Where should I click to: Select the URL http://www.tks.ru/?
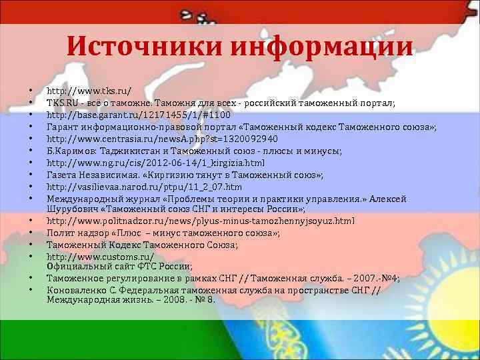pos(88,90)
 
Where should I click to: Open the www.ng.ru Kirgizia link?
pos(155,163)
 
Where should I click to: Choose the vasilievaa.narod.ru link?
pos(144,187)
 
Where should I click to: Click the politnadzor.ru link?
pos(200,220)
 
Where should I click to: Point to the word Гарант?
pos(62,127)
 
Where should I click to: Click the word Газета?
pos(62,175)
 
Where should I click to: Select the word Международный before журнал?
pos(83,199)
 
